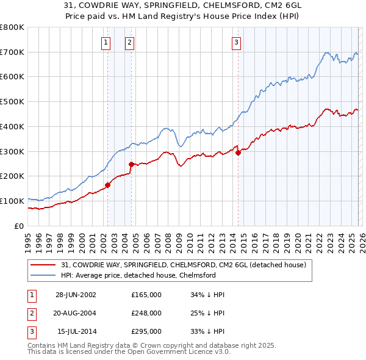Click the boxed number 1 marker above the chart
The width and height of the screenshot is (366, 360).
point(106,42)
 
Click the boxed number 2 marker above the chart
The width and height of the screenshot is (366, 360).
point(130,42)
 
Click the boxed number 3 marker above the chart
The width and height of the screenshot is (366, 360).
point(236,42)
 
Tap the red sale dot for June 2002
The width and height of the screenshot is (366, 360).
point(108,184)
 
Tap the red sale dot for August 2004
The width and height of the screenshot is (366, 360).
point(131,164)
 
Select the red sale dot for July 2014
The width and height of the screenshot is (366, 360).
point(238,153)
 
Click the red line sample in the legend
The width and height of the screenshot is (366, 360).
point(43,265)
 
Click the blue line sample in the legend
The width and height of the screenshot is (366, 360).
point(43,275)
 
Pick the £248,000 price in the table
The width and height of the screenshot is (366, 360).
point(146,313)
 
